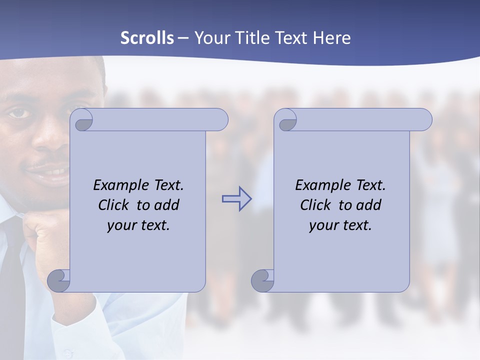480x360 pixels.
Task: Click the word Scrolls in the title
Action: coord(147,38)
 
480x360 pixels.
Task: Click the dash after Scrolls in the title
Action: coord(183,38)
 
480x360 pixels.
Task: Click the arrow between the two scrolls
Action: coord(236,199)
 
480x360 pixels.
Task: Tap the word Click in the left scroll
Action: coord(115,205)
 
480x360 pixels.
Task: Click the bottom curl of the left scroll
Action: coord(59,281)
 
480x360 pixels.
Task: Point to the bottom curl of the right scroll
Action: coord(262,281)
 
